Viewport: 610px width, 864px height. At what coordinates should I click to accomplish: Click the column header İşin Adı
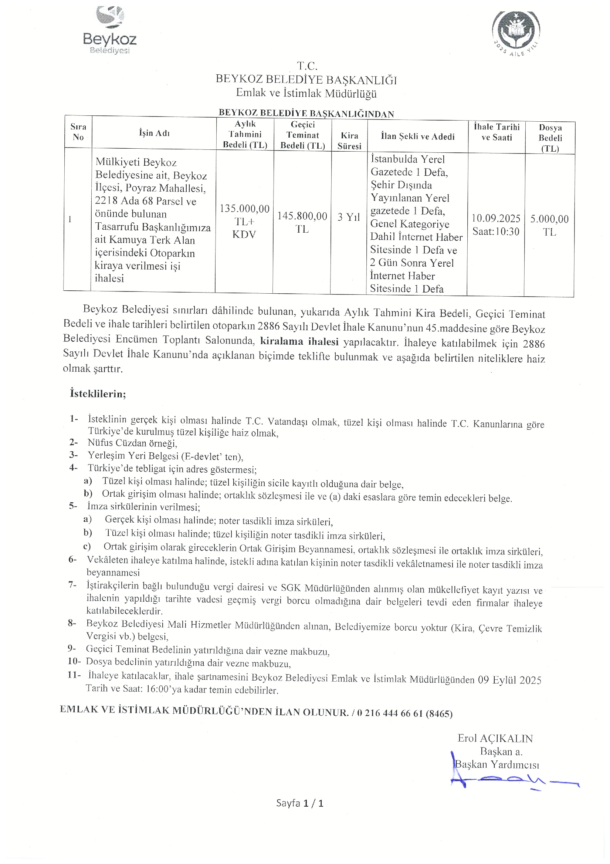click(154, 133)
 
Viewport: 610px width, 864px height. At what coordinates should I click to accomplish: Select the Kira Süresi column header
click(349, 141)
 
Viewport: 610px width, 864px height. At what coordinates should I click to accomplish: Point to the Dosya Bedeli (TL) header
click(550, 138)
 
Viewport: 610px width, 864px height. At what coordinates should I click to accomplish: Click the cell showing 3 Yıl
click(349, 217)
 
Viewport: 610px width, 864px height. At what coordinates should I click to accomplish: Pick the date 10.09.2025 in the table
click(496, 219)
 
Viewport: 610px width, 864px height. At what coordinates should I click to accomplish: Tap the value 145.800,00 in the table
click(302, 216)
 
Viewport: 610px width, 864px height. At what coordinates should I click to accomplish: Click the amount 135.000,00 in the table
click(244, 209)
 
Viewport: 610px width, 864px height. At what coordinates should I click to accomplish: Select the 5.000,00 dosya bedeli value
click(549, 219)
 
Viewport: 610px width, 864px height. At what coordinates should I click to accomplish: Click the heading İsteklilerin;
click(98, 394)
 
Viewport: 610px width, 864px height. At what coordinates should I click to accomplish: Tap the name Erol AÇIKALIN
click(495, 738)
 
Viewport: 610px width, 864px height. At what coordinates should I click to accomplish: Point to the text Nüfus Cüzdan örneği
click(132, 443)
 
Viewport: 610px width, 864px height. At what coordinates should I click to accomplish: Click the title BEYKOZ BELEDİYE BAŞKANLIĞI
click(306, 80)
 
